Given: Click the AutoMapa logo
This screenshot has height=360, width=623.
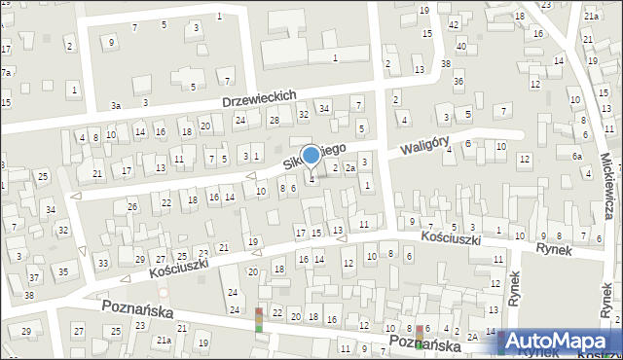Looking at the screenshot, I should click(x=561, y=341).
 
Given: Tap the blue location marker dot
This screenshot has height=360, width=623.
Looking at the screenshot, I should click(x=311, y=155).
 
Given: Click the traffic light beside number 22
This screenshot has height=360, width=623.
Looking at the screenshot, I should click(x=259, y=319).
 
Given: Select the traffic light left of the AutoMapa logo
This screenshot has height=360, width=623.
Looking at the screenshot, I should click(x=420, y=337).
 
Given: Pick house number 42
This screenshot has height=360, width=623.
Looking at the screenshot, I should click(x=454, y=23).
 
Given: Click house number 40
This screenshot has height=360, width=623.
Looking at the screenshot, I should click(x=461, y=46).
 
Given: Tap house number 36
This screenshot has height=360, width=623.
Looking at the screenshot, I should click(x=458, y=81).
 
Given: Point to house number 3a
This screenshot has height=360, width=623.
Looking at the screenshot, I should click(x=115, y=105).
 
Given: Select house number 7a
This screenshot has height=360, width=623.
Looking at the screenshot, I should click(x=6, y=72).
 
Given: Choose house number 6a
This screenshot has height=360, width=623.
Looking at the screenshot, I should click(x=576, y=156).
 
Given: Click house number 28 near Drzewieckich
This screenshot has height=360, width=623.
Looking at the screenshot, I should click(x=274, y=120).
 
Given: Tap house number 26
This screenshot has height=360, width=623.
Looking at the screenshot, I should click(x=132, y=206).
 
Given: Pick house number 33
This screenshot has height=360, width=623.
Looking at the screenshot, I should click(x=102, y=263).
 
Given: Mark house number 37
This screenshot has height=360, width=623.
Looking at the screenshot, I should click(x=33, y=278).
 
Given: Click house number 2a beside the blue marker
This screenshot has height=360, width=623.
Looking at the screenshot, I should click(x=348, y=168).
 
